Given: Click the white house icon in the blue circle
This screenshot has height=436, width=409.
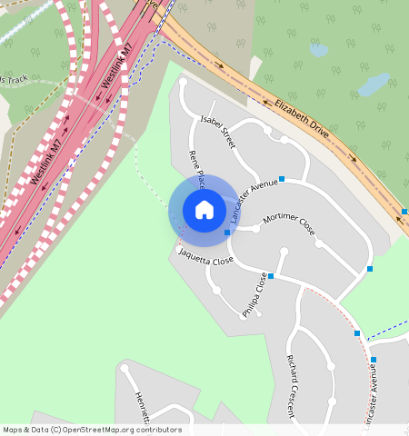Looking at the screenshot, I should [x=204, y=210].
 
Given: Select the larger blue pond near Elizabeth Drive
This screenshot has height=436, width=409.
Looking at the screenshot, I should [x=373, y=85].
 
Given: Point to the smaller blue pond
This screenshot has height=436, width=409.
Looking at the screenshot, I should [x=318, y=51].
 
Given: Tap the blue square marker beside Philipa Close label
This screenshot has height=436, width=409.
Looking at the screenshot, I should [x=271, y=275].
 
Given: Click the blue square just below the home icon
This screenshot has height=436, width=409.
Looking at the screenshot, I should [x=227, y=233].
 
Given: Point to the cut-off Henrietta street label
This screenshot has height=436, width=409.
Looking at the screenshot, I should [x=139, y=403].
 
